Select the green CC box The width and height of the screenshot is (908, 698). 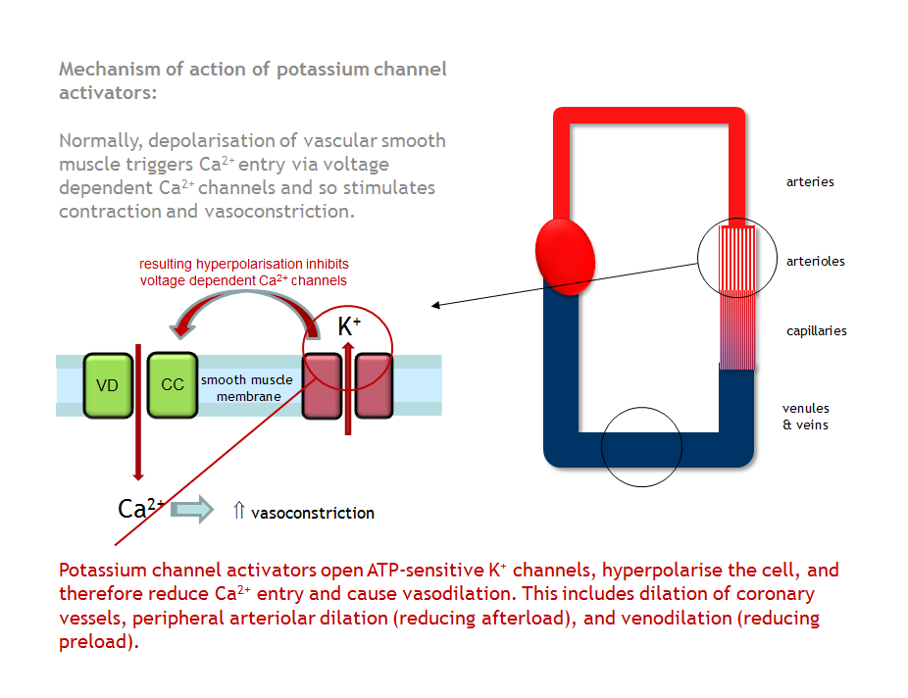click(173, 385)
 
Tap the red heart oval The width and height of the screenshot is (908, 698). click(565, 256)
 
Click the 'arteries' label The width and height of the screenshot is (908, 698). click(810, 182)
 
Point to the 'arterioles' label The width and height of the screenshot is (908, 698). click(815, 262)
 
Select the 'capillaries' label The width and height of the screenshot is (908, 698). click(816, 331)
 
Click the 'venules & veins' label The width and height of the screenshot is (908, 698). click(805, 417)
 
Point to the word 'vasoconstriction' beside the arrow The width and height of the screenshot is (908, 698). click(313, 513)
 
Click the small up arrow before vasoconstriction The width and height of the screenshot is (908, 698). click(238, 511)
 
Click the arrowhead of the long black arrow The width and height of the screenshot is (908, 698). click(435, 306)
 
